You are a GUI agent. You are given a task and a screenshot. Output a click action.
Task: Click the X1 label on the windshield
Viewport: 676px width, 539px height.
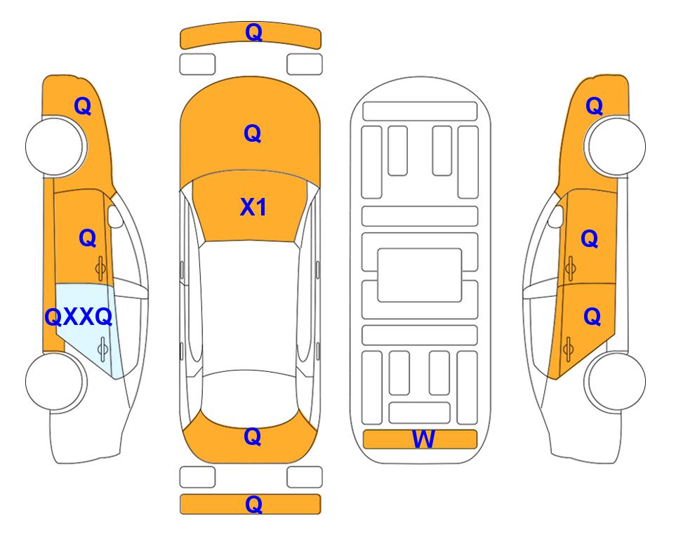point(253,207)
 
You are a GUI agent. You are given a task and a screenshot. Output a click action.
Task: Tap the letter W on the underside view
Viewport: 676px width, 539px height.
point(423,439)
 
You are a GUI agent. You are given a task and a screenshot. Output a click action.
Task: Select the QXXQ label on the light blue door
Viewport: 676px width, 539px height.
point(79,317)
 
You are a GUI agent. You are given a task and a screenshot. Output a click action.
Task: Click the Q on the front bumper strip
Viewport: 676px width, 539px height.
point(253,32)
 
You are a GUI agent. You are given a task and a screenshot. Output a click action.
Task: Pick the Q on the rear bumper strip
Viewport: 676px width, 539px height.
point(253,504)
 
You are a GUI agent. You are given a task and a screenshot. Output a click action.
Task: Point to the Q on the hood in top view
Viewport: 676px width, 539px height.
point(253,133)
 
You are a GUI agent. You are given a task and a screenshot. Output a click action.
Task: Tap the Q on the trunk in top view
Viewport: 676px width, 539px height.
point(253,437)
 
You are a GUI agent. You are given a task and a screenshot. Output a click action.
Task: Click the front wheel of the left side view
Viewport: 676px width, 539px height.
point(55,147)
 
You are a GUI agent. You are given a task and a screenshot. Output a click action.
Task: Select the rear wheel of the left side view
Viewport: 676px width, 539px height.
point(55,382)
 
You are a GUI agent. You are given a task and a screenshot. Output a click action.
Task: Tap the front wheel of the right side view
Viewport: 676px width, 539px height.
point(616,147)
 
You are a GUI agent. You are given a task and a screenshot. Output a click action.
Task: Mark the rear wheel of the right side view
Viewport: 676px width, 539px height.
point(616,382)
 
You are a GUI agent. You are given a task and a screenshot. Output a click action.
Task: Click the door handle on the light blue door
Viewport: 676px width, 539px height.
point(102,350)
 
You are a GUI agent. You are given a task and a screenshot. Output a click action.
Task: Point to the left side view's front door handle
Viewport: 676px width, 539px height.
point(101,269)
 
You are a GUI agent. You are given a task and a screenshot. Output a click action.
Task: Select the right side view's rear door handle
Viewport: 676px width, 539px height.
point(568,350)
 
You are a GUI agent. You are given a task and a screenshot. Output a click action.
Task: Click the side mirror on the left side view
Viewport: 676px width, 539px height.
point(115,216)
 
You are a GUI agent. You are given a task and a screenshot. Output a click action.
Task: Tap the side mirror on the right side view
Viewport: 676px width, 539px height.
point(556,216)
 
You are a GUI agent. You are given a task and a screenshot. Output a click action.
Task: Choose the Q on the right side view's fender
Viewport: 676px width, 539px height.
point(594,106)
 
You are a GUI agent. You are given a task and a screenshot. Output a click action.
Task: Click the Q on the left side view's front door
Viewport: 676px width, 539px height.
point(88,238)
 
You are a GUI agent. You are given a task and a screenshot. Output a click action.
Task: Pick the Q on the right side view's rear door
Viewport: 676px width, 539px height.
point(592,317)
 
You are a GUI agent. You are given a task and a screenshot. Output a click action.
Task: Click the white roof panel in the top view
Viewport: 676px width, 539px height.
point(248,306)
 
